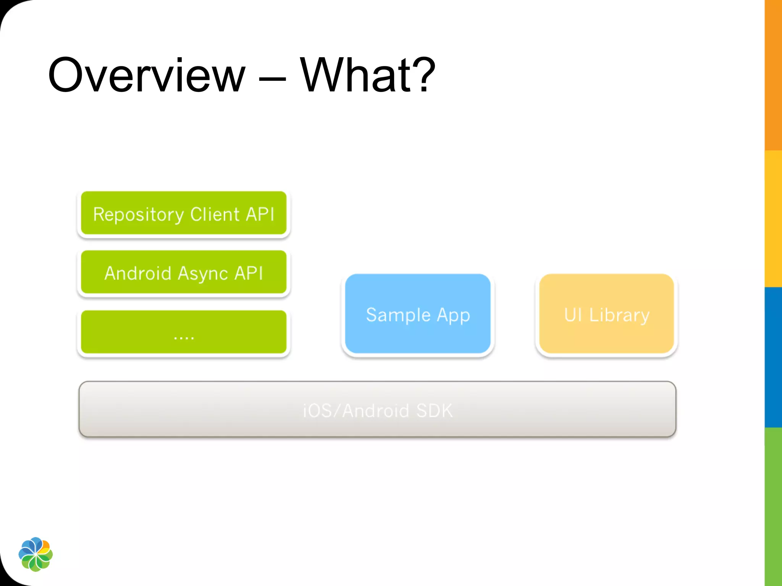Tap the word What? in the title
[367, 75]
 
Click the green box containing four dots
[184, 332]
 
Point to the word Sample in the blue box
[398, 315]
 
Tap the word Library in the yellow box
[619, 316]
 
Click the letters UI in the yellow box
[573, 315]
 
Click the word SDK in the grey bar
[435, 411]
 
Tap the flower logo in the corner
[36, 554]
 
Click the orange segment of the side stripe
[773, 76]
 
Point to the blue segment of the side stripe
[773, 357]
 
